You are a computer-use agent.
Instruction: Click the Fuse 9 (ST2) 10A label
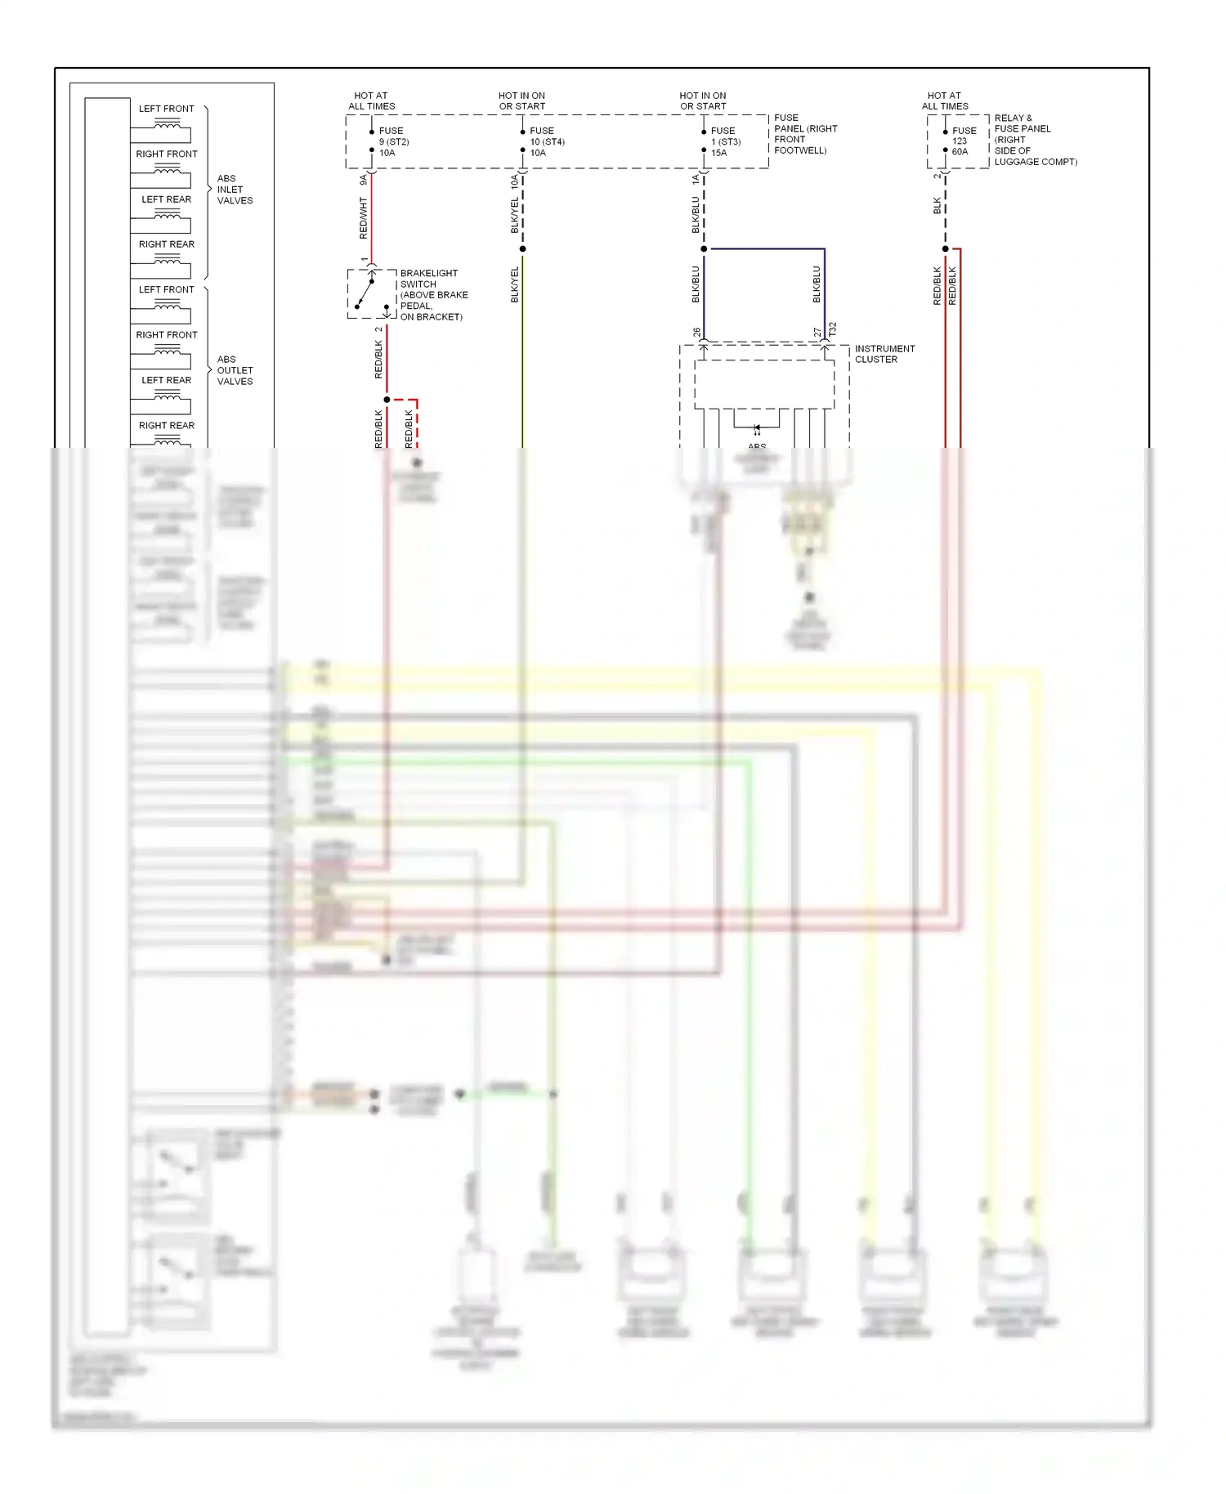(393, 141)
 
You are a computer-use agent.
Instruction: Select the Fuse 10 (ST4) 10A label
(546, 141)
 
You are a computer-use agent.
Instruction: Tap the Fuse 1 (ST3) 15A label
(726, 141)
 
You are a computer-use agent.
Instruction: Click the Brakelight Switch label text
(433, 295)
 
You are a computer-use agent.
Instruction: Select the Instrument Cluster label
(884, 354)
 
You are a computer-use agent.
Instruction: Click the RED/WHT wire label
(364, 217)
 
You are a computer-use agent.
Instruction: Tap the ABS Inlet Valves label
(235, 190)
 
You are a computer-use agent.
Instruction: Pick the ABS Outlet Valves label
(235, 370)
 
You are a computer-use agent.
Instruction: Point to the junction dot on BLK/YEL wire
(522, 248)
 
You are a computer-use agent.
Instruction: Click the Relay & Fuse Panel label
(1034, 140)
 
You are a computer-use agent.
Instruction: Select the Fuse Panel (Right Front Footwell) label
(805, 134)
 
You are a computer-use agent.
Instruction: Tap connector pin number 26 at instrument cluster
(696, 333)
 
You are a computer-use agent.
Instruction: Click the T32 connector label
(833, 329)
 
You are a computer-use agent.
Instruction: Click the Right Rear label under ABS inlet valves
(167, 244)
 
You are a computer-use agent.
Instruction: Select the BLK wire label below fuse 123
(937, 205)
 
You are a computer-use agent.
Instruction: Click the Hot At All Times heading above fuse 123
(945, 101)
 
